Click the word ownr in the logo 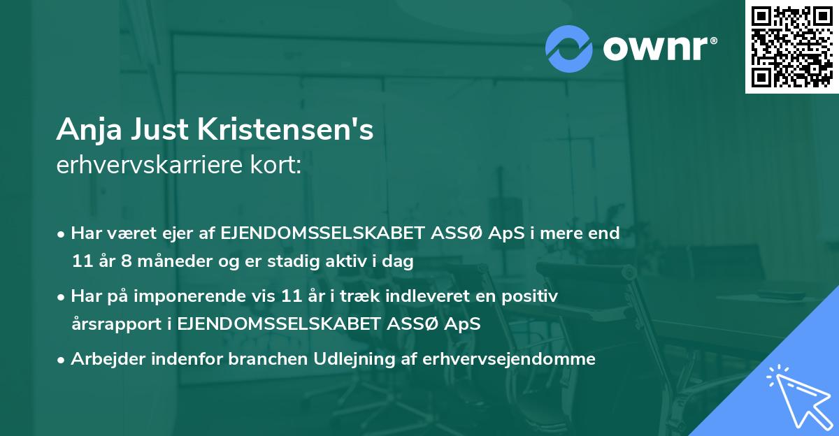click(656, 48)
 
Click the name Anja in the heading click(82, 130)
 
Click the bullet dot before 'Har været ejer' click(62, 234)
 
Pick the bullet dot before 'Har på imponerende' click(62, 297)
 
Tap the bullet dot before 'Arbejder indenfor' click(62, 360)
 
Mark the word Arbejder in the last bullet click(106, 359)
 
